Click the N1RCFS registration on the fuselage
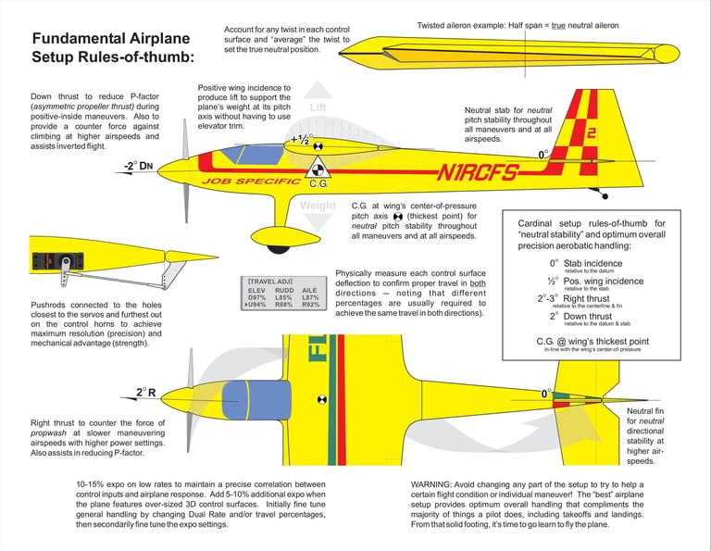478,172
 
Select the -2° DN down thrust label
137,167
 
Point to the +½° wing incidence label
301,140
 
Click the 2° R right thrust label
145,393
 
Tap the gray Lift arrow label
318,107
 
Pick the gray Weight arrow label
318,206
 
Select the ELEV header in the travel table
256,290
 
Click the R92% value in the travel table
310,305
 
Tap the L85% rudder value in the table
284,297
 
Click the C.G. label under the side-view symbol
319,183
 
